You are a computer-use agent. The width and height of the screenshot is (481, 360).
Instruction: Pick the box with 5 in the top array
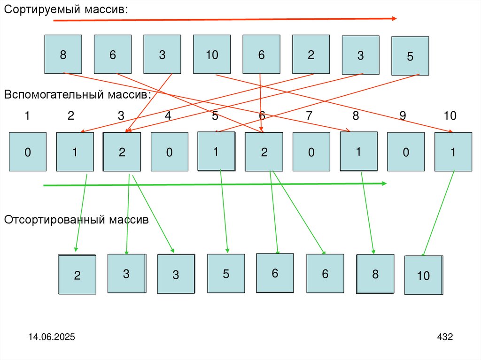click(x=410, y=56)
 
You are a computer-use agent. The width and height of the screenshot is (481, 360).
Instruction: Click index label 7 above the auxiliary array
click(x=309, y=116)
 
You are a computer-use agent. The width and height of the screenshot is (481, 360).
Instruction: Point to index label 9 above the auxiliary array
click(x=403, y=116)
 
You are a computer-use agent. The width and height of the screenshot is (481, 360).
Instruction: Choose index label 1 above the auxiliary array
click(x=27, y=116)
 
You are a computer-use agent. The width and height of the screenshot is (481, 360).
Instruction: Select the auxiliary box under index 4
click(x=169, y=152)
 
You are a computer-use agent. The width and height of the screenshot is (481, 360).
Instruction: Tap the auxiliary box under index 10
click(x=453, y=152)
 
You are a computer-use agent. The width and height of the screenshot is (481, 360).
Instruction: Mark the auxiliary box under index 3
click(x=122, y=152)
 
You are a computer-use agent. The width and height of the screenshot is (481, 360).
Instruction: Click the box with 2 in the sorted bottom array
click(x=77, y=275)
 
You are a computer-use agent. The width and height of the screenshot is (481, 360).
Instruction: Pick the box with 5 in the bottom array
click(x=226, y=274)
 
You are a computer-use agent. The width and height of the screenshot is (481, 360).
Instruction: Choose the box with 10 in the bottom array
click(x=423, y=275)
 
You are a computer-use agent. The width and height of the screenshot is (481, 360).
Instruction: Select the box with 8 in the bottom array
click(x=375, y=274)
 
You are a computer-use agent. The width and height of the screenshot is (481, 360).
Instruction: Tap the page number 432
click(x=444, y=337)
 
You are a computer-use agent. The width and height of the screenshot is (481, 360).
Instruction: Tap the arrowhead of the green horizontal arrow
click(x=384, y=184)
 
